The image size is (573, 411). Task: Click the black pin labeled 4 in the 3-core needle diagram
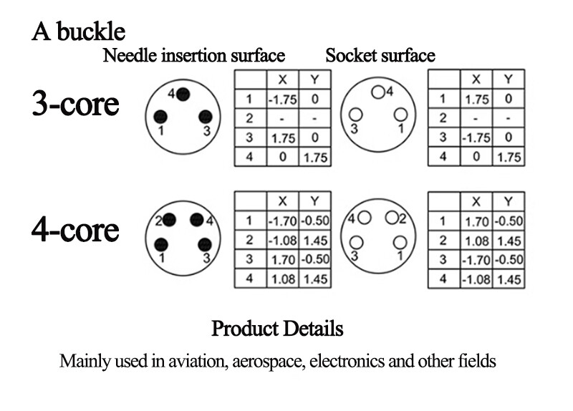coord(183,95)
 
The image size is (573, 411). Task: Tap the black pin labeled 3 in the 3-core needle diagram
coord(206,117)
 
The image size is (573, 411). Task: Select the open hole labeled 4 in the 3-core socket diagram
coord(378,92)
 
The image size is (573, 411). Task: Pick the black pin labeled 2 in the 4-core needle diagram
coord(169,220)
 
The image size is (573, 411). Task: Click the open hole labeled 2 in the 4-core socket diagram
coord(392,218)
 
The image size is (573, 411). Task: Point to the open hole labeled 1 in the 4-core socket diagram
coord(400,243)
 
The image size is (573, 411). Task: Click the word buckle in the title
coord(91,32)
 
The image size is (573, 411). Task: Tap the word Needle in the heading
coord(130,56)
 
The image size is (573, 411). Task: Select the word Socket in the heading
coord(351,56)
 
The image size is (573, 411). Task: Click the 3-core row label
coord(76,104)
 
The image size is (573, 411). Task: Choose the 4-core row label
coord(75,230)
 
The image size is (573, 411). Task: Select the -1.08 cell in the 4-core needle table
coord(282,241)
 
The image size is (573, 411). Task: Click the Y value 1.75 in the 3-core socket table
coord(509,158)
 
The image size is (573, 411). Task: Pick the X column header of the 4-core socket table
coord(476,202)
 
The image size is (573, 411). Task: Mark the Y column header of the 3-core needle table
coord(314,79)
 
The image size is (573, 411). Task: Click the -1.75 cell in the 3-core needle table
coord(282,100)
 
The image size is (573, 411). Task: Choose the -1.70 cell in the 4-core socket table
coord(476,260)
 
